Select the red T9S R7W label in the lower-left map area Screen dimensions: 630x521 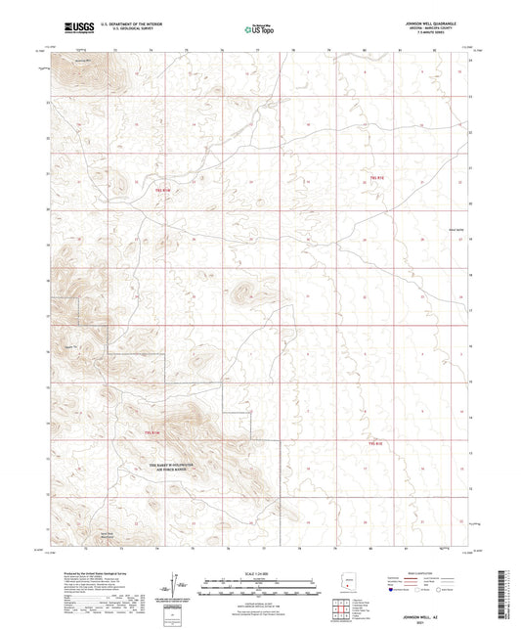point(152,432)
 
